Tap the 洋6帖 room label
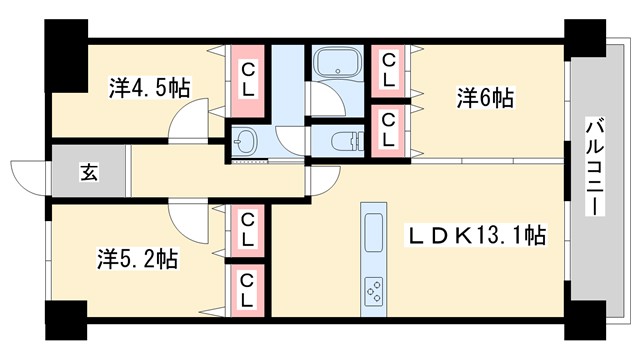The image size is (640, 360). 486,98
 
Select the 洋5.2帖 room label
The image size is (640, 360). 138,259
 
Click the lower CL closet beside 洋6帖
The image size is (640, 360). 388,130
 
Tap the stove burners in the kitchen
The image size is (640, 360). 373,290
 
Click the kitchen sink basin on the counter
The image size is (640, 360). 373,236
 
